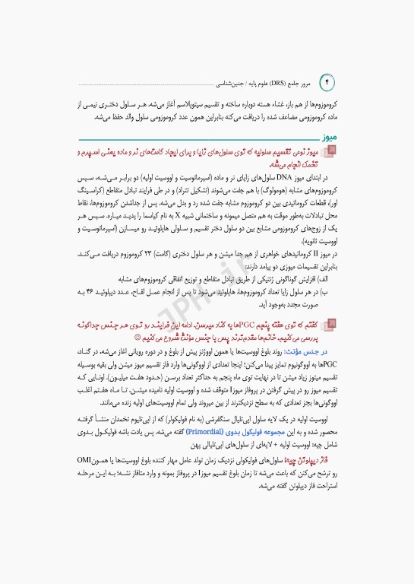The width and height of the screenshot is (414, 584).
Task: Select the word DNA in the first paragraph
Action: click(x=273, y=175)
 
